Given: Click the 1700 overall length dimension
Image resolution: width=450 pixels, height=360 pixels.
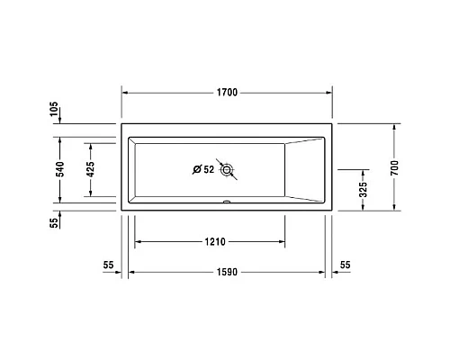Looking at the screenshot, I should coord(227,92).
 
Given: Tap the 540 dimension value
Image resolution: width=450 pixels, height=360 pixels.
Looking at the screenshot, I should coord(60,168).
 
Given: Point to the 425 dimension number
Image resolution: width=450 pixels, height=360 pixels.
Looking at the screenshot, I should coord(89,168).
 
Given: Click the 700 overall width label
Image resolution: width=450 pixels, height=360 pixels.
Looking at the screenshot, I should coord(394,168).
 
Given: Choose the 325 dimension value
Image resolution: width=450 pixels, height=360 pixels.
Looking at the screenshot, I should coord(363,190).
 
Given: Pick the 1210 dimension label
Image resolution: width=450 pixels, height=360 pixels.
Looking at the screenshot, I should coord(212,241).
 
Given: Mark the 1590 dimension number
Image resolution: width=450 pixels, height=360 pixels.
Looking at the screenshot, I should coord(227,269).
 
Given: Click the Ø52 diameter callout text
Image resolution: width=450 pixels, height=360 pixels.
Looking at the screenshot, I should coord(202,169).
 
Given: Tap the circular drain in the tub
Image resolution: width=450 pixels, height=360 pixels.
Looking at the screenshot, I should coord(229,169).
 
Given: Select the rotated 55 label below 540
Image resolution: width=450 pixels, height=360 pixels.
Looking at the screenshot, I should coord(55,221).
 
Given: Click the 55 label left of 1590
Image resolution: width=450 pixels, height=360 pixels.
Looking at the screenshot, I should coord(109,265).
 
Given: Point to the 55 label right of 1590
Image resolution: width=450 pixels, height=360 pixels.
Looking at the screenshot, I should coord(346,265).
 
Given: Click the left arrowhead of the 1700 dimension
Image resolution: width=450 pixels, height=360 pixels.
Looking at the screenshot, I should coord(125,92).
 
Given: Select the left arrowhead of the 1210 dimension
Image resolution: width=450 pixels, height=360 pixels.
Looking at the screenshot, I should coord(138,241).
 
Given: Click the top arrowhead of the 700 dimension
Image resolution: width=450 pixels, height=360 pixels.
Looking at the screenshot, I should coord(394,127).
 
